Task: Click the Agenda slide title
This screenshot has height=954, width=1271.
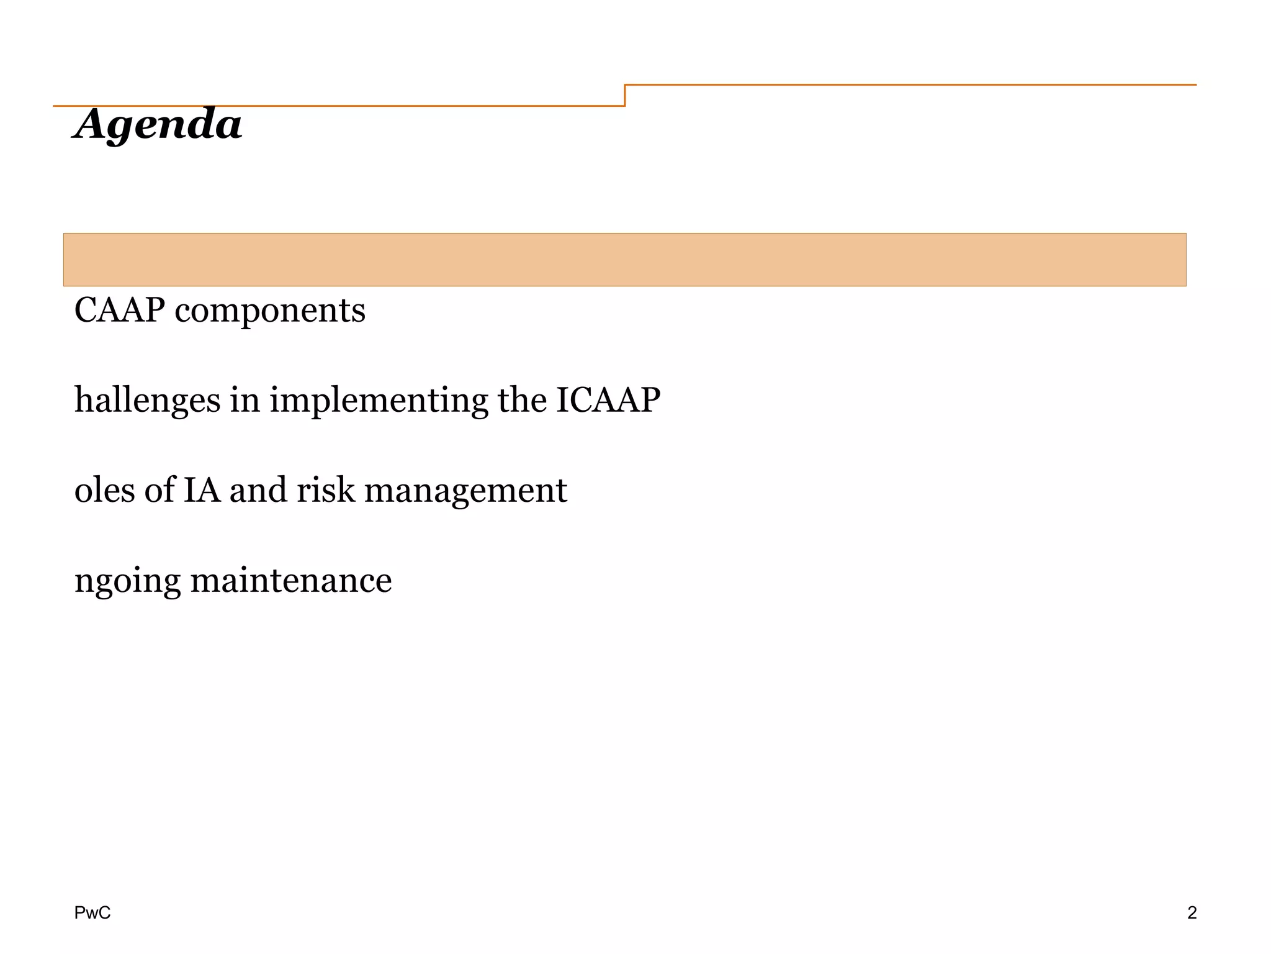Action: coord(158,124)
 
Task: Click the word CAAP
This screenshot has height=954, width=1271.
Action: coord(119,310)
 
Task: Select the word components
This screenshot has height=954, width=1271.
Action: coord(270,311)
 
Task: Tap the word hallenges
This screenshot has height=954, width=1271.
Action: coord(147,400)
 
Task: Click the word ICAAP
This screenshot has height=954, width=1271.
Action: coord(608,399)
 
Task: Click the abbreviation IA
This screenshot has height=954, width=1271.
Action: coord(202,490)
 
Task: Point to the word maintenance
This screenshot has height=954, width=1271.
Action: coord(291,581)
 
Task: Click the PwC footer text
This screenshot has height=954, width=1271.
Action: coord(92,912)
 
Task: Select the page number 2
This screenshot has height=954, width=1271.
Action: coord(1192,912)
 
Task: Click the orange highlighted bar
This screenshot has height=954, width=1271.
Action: coord(624,260)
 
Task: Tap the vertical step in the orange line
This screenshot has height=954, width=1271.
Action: coord(625,95)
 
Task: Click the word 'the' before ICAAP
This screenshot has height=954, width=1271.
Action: coord(519,399)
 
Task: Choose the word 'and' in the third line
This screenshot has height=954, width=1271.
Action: coord(258,490)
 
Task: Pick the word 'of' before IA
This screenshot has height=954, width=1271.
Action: coord(160,490)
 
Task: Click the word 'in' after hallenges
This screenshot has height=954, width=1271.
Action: coord(245,399)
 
